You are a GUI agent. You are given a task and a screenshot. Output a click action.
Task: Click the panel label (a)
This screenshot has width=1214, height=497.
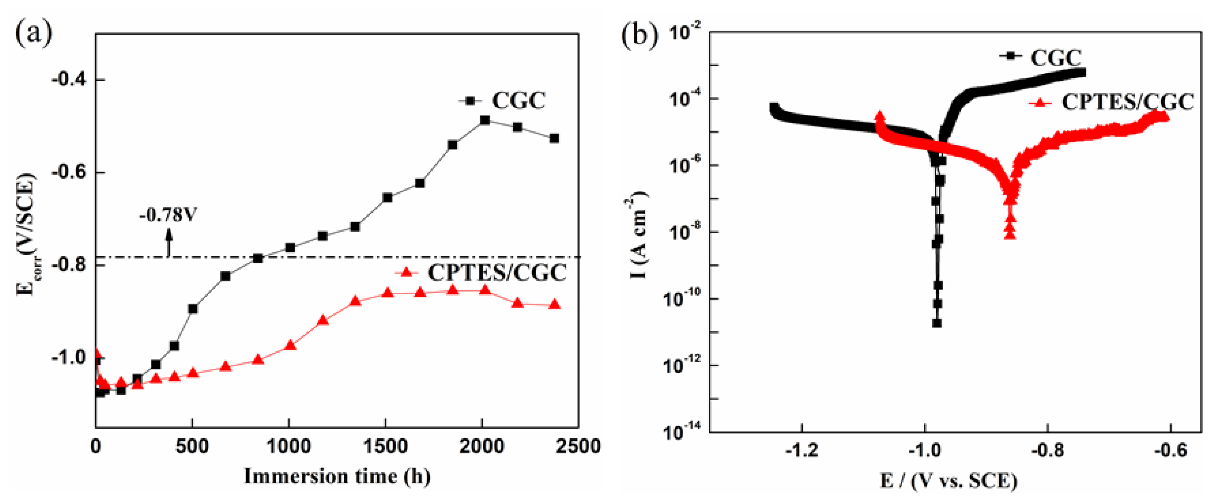pos(34,34)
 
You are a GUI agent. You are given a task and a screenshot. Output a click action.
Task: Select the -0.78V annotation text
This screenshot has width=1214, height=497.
pos(168,215)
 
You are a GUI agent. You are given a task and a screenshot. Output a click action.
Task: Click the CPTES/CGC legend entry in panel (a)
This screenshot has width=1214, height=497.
pos(481,273)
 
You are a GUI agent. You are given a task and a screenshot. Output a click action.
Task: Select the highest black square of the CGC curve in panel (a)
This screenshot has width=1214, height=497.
pos(484,120)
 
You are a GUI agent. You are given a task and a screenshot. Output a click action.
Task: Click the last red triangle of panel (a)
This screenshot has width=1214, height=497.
pos(555,305)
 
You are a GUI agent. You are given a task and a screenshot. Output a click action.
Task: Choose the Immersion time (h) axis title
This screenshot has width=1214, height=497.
pos(337,476)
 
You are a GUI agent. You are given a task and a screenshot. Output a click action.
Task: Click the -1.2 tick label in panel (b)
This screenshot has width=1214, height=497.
pos(801,450)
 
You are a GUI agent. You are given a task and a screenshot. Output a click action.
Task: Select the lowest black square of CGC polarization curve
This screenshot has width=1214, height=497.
pos(937,323)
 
